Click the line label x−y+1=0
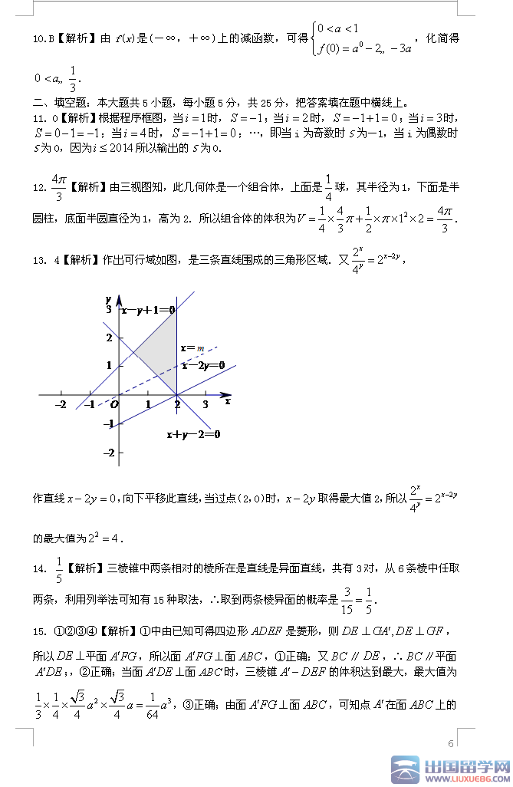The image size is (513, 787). [148, 310]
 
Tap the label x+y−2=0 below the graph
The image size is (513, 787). [193, 435]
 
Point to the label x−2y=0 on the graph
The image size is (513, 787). [202, 366]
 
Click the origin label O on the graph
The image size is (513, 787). [113, 403]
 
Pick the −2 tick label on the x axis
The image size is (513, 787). [61, 404]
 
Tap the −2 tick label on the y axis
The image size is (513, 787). [108, 453]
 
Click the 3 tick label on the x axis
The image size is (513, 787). [206, 404]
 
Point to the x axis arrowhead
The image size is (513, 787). [226, 396]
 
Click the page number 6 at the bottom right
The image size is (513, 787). [451, 743]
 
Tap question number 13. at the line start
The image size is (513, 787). [40, 260]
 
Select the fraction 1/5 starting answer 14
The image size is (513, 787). [59, 569]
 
